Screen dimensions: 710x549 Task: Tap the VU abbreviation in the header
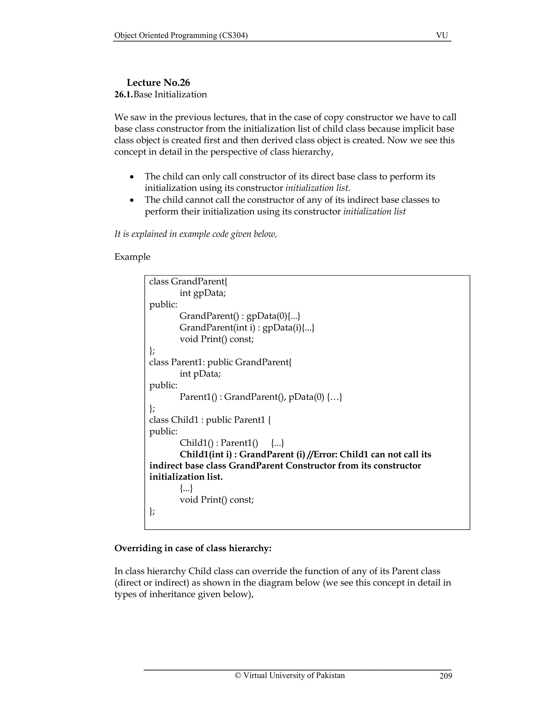coord(442,35)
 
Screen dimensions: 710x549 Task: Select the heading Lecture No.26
coord(158,83)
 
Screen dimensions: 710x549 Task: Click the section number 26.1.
coord(124,95)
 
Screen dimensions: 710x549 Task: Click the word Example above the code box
coord(132,257)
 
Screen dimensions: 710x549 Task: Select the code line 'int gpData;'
coord(203,293)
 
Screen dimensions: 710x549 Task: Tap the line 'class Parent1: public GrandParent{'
coord(220,362)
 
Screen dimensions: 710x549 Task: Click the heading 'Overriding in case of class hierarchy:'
coord(192,548)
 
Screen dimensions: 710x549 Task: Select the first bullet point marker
coord(132,177)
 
